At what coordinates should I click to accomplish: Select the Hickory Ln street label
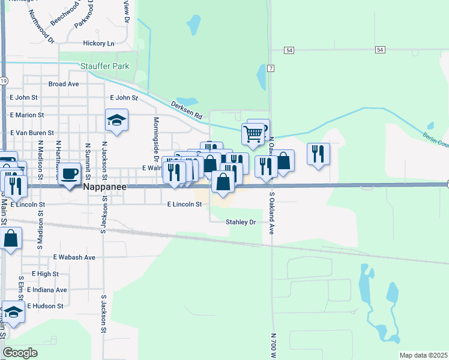point(98,43)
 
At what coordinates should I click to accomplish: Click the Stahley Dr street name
point(241,222)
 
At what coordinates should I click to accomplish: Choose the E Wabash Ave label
point(74,257)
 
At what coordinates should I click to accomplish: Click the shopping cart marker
point(253,133)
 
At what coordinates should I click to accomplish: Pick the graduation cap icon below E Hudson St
point(13,312)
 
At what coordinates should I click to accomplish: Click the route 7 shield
point(271,68)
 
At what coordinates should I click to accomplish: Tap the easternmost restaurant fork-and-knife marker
point(318,154)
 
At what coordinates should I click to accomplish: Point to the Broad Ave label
point(64,84)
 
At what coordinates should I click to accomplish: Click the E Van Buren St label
point(32,133)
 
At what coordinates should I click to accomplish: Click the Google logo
point(20,353)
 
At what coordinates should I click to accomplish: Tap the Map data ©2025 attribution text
point(423,356)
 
